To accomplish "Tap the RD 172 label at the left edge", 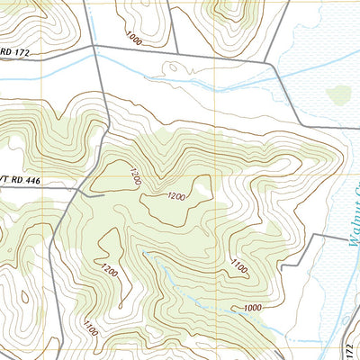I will click(15, 54).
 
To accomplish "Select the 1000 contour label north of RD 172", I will click(134, 39).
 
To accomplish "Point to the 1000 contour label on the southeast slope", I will click(251, 308).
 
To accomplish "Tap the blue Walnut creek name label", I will click(346, 216).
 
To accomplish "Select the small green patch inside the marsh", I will click(338, 94).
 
